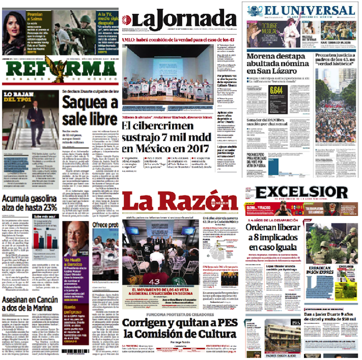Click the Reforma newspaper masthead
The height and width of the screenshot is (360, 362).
[x=59, y=70]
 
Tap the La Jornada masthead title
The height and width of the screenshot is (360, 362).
[x=179, y=20]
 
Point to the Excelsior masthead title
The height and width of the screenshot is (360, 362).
[x=302, y=192]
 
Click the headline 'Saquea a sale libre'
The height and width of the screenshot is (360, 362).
[x=89, y=111]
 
